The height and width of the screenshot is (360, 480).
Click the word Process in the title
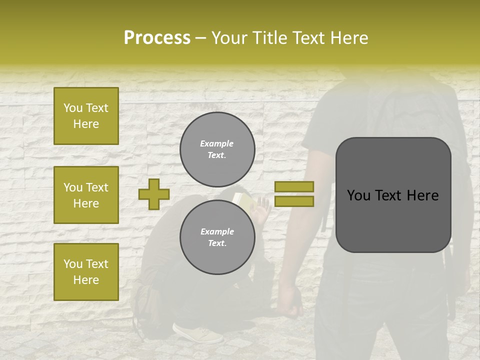[157, 38]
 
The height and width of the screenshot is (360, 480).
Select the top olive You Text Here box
[86, 116]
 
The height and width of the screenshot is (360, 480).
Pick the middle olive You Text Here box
[86, 195]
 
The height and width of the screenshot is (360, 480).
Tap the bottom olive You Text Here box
[86, 271]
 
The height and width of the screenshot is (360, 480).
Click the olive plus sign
[154, 194]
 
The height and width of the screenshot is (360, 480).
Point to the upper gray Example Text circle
[217, 149]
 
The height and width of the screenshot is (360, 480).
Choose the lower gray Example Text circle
[217, 237]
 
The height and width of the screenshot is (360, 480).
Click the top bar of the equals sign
[294, 186]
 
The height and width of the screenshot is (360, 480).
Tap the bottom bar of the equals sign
[294, 201]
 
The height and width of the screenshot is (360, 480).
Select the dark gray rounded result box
[393, 194]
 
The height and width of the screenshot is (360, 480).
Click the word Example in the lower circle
[217, 231]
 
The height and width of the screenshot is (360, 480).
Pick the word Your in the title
[229, 38]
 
